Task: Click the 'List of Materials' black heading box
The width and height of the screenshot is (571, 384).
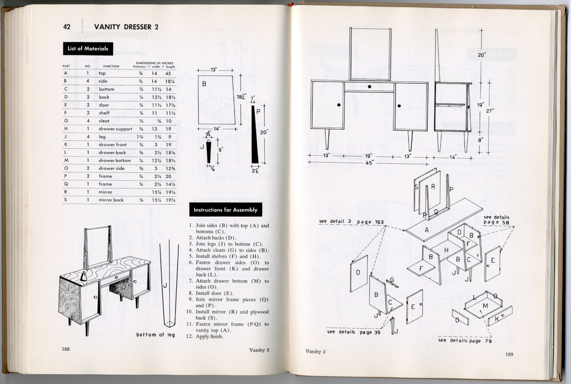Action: click(88, 49)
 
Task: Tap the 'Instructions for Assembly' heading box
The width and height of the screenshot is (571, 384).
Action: click(225, 210)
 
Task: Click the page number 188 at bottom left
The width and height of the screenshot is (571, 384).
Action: click(66, 349)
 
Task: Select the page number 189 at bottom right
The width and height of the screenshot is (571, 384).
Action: click(509, 354)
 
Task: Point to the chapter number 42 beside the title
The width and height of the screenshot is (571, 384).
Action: click(67, 27)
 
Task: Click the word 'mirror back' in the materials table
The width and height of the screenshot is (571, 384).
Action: click(111, 200)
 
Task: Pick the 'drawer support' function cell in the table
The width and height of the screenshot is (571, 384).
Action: click(115, 129)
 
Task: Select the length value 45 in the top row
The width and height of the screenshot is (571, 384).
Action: click(168, 73)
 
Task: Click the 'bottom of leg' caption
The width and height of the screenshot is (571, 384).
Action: click(155, 335)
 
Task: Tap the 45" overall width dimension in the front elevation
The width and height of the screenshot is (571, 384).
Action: click(369, 163)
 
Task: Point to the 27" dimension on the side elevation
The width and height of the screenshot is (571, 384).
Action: click(489, 111)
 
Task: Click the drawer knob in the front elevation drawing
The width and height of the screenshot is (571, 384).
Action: click(369, 86)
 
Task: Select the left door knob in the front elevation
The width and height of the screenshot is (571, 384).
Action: click(339, 105)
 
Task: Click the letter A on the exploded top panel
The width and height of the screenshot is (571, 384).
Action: click(426, 230)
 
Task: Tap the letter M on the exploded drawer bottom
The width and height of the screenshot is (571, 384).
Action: click(485, 306)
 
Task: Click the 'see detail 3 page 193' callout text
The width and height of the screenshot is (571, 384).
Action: click(351, 222)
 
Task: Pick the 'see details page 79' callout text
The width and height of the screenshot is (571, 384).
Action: click(465, 341)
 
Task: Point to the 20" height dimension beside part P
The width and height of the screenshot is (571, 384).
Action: click(264, 132)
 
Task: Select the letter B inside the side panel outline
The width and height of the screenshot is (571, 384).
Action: click(204, 84)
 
